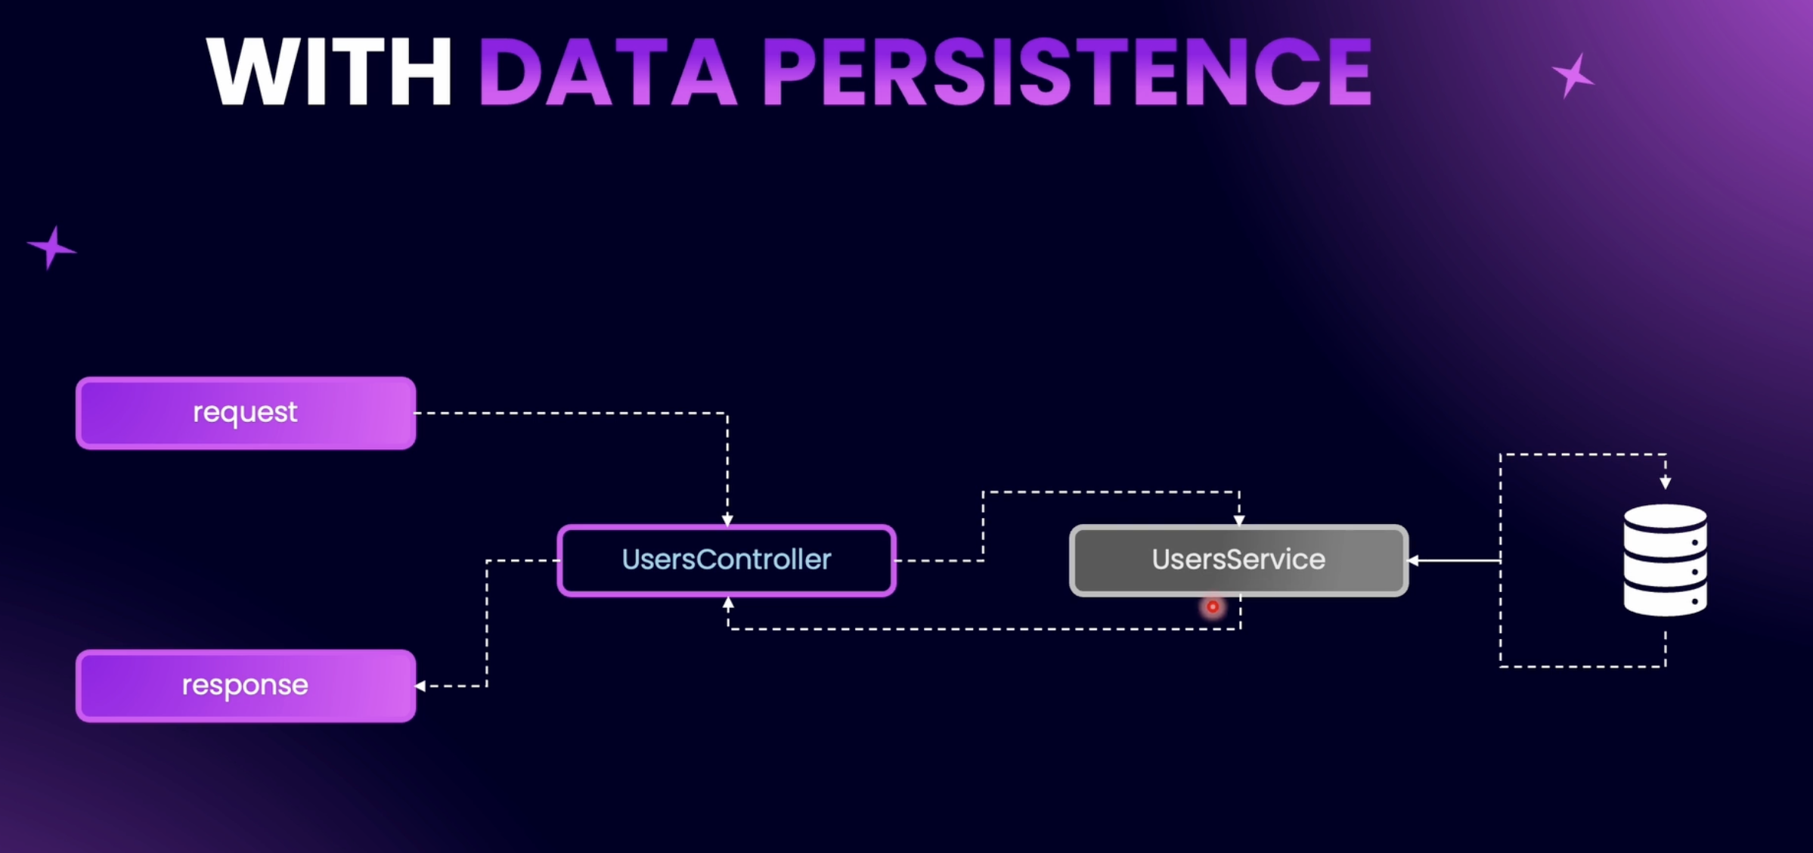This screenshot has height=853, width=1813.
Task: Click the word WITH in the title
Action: [x=329, y=71]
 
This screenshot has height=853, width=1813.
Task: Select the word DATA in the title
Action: [x=607, y=71]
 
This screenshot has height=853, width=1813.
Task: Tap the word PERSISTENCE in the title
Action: [x=1067, y=71]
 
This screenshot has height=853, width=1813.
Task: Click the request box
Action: [x=246, y=413]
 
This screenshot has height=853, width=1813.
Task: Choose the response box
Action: [x=246, y=686]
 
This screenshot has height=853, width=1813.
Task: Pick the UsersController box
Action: [x=727, y=560]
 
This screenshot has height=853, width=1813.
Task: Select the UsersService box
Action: [x=1238, y=560]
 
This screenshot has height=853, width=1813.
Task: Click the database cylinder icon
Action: [x=1665, y=560]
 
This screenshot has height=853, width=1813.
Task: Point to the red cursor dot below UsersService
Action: [x=1213, y=606]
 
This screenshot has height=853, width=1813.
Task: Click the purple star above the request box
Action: [x=51, y=247]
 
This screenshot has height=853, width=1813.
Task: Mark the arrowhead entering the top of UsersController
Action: [x=727, y=520]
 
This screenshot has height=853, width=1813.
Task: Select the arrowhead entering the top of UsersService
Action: [x=1239, y=520]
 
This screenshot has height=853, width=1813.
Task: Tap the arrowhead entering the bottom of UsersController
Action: [x=728, y=603]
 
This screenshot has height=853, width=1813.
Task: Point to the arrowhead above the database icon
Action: [x=1665, y=482]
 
